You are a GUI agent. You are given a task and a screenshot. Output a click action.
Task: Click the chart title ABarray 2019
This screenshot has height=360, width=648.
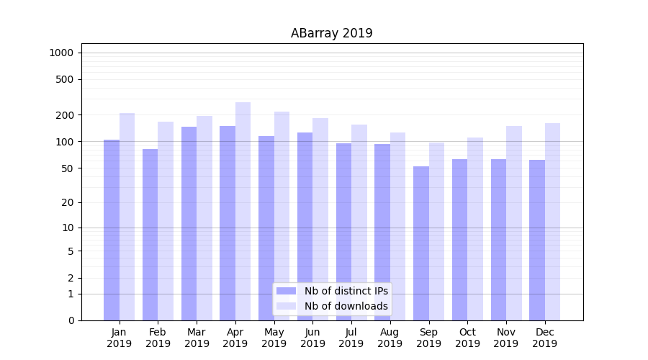click(x=331, y=33)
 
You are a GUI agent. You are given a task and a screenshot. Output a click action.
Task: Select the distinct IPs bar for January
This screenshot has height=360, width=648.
click(x=112, y=230)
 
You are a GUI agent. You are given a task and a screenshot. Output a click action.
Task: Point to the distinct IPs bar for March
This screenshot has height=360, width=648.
click(x=189, y=223)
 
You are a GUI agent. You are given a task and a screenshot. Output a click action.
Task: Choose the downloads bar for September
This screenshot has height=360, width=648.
click(x=436, y=231)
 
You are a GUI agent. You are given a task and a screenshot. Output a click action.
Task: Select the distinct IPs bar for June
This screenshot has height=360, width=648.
click(x=305, y=226)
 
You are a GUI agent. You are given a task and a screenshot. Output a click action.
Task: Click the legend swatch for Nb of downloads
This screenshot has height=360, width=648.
click(x=286, y=306)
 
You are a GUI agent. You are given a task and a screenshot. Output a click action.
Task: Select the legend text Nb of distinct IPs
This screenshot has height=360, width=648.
click(x=346, y=291)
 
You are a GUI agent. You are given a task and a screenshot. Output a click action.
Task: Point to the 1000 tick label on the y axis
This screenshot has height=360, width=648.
click(x=61, y=53)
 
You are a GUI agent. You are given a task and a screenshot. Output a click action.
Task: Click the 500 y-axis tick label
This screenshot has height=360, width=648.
click(x=64, y=79)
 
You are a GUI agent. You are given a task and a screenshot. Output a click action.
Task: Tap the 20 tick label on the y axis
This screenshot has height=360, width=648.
click(x=67, y=202)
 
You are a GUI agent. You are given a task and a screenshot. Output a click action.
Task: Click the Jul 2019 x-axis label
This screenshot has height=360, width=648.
click(x=351, y=338)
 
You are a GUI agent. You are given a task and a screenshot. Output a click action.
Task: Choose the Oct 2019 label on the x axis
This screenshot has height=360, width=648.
click(x=467, y=338)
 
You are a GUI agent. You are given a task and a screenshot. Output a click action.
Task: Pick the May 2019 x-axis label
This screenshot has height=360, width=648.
click(x=274, y=338)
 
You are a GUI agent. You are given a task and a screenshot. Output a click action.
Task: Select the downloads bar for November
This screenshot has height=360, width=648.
click(x=514, y=223)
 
